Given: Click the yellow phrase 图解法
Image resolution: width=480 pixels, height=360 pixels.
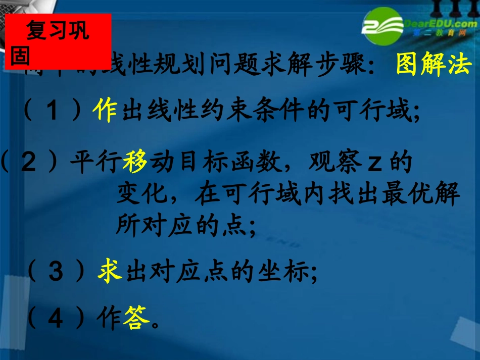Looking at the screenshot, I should click(434, 65).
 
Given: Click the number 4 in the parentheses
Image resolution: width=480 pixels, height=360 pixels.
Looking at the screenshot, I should click(56, 319).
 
